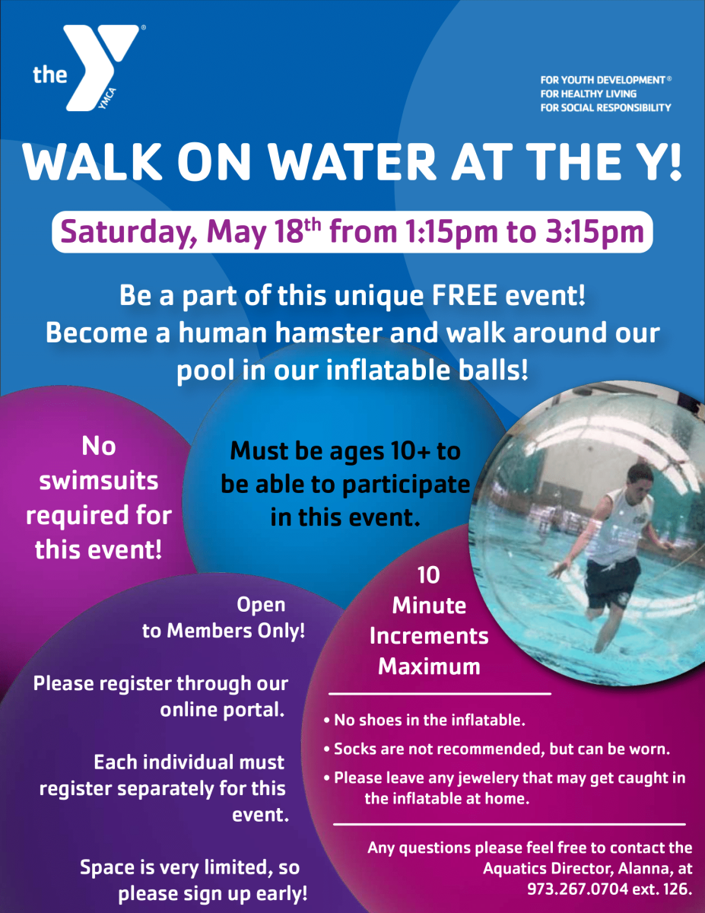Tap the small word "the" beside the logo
pyautogui.click(x=50, y=75)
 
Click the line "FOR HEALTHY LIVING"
pyautogui.click(x=589, y=94)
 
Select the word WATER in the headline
pyautogui.click(x=352, y=162)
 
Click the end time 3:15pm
pyautogui.click(x=594, y=232)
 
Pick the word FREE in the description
pyautogui.click(x=464, y=295)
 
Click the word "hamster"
pyautogui.click(x=329, y=332)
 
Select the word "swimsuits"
pyautogui.click(x=99, y=481)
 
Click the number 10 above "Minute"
pyautogui.click(x=428, y=575)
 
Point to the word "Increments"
pyautogui.click(x=429, y=636)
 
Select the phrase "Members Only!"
pyautogui.click(x=236, y=631)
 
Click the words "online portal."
pyautogui.click(x=223, y=710)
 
